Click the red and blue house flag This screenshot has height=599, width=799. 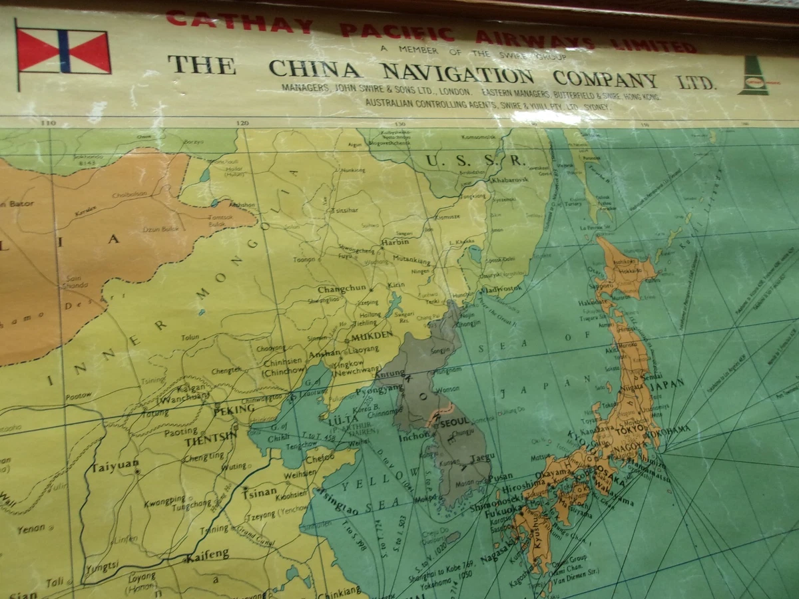tap(63, 51)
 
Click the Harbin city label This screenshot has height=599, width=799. tap(395, 242)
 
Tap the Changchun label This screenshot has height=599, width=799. tap(342, 289)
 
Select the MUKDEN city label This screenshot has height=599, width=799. tap(372, 335)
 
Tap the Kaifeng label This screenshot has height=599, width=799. tap(207, 554)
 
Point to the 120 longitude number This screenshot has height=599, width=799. tap(241, 123)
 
